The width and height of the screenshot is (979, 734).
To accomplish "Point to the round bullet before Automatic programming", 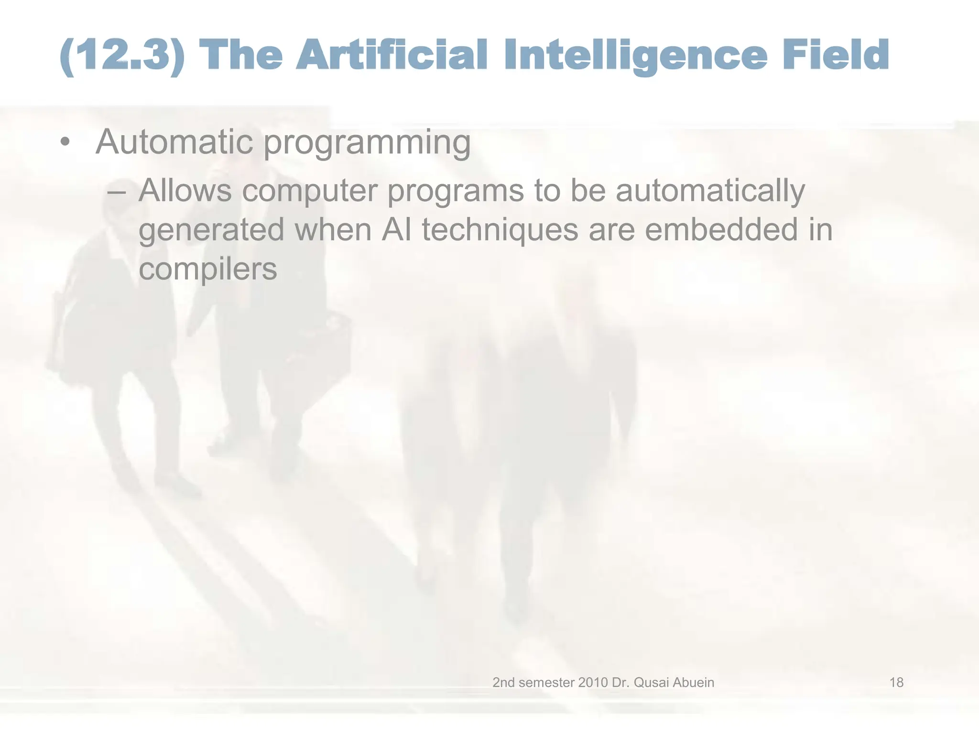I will point(65,142).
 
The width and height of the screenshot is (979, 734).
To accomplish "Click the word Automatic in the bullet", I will point(174,141).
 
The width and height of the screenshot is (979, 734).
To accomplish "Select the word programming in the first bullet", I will point(367,143).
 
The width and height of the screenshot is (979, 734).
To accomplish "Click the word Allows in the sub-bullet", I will point(185,190).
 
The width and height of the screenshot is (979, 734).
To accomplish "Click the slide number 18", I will point(896,682).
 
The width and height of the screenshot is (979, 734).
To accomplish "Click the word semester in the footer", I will point(546,682).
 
